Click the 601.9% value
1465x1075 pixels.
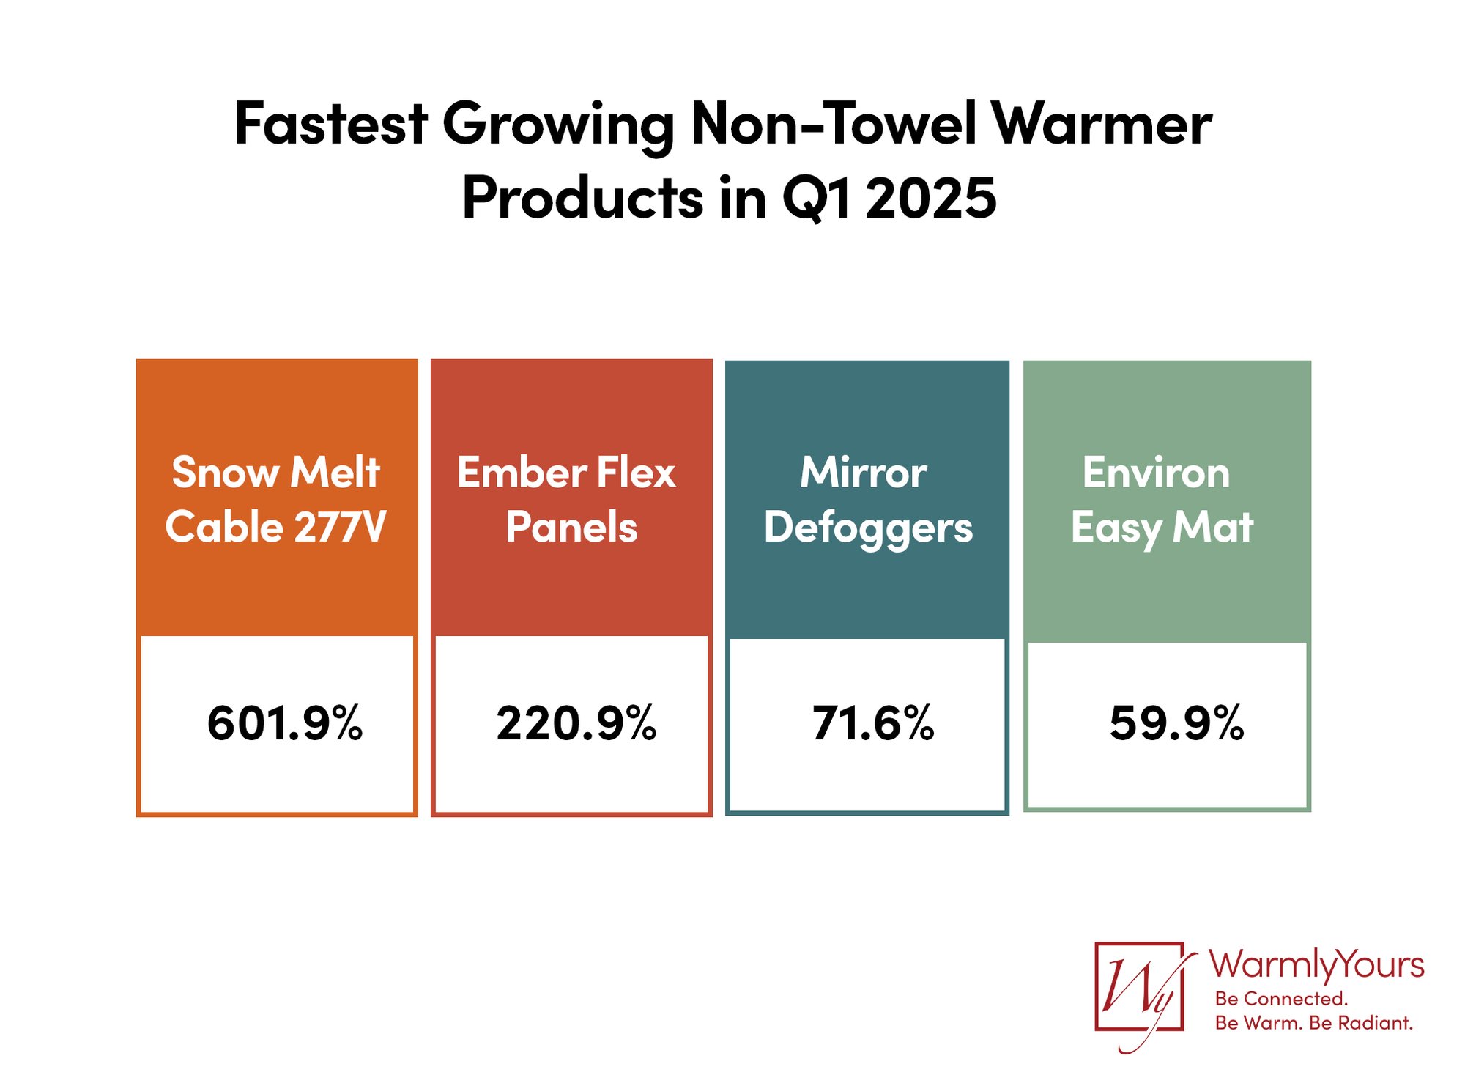point(284,724)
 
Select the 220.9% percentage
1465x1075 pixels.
point(576,724)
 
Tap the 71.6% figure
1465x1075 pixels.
point(872,724)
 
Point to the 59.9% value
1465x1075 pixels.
point(1176,724)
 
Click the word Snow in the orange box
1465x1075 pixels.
point(226,473)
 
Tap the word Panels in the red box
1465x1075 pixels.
point(571,528)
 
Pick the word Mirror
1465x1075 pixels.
point(863,473)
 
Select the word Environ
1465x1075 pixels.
point(1156,473)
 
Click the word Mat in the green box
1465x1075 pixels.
point(1213,528)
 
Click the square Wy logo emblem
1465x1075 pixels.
point(1138,987)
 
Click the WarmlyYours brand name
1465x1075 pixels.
point(1316,965)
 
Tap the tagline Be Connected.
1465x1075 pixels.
point(1280,999)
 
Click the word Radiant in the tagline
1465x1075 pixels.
point(1374,1023)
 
